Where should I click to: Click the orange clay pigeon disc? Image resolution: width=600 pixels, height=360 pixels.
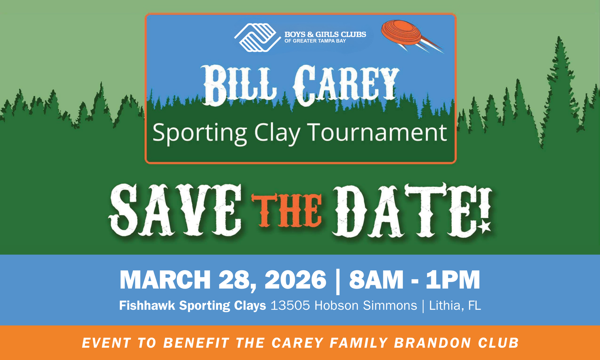point(402,33)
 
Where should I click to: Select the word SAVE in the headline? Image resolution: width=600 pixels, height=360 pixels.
point(175,210)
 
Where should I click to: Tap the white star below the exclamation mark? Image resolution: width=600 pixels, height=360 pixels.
point(485,227)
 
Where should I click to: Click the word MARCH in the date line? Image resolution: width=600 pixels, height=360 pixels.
point(165,280)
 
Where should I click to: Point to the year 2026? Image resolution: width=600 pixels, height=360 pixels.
point(296,280)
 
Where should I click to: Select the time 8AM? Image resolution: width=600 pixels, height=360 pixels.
point(376,280)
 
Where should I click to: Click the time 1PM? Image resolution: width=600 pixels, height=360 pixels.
point(453,280)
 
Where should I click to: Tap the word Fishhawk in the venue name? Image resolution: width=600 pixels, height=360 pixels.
point(147,306)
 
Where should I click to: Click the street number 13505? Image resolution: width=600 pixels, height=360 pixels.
point(290,306)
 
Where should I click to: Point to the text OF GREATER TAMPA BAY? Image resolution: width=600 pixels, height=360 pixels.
point(315,41)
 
